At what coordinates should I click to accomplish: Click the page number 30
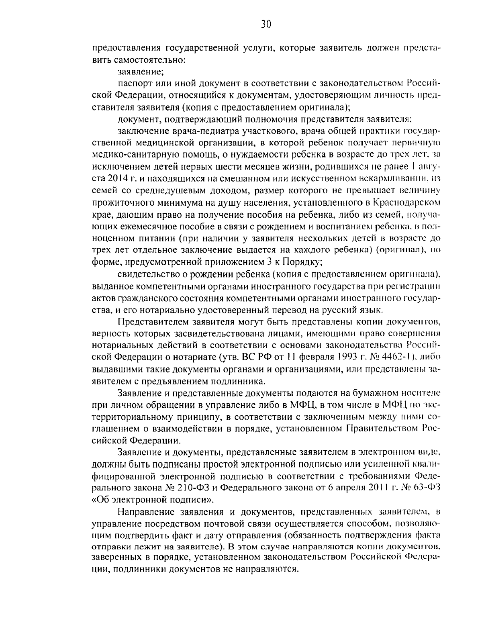(266, 25)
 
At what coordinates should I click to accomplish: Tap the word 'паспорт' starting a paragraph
(134, 84)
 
